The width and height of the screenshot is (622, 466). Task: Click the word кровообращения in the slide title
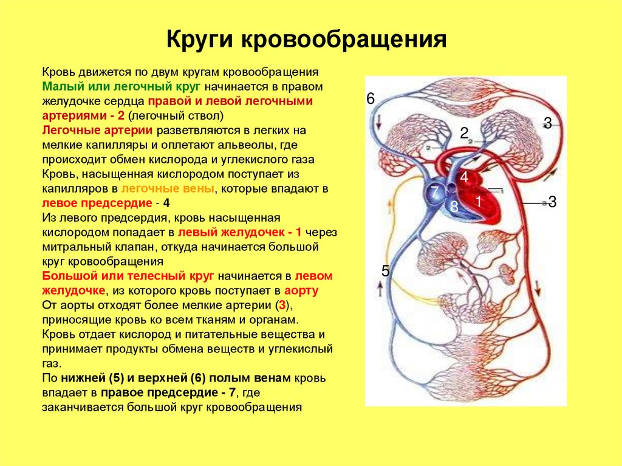pyautogui.click(x=345, y=40)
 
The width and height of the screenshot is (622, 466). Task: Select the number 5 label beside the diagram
pyautogui.click(x=385, y=271)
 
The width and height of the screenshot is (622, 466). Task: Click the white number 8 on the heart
pyautogui.click(x=454, y=207)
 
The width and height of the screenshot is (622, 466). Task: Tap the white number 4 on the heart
pyautogui.click(x=463, y=178)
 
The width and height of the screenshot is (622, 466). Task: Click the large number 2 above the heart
pyautogui.click(x=463, y=134)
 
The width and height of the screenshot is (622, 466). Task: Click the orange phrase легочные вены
pyautogui.click(x=168, y=189)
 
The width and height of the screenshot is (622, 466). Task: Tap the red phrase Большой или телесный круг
pyautogui.click(x=128, y=276)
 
